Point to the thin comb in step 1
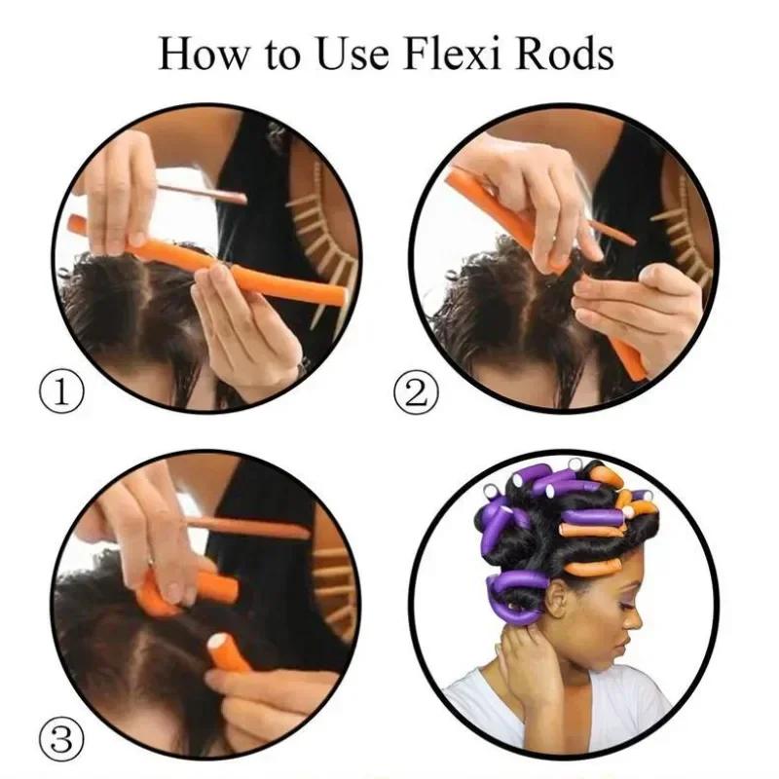pyautogui.click(x=204, y=192)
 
